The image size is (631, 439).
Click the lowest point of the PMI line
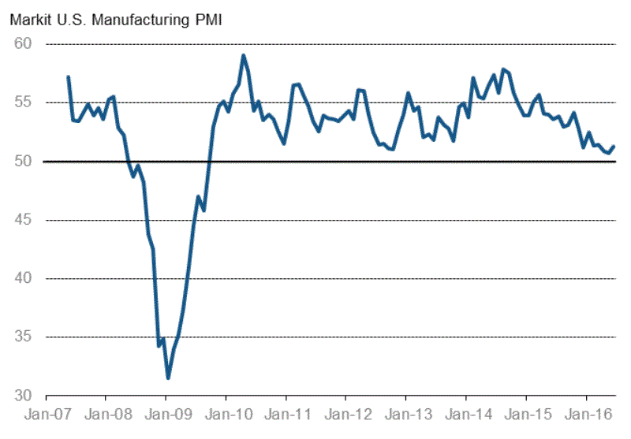167,378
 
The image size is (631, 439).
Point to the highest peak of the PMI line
244,55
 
